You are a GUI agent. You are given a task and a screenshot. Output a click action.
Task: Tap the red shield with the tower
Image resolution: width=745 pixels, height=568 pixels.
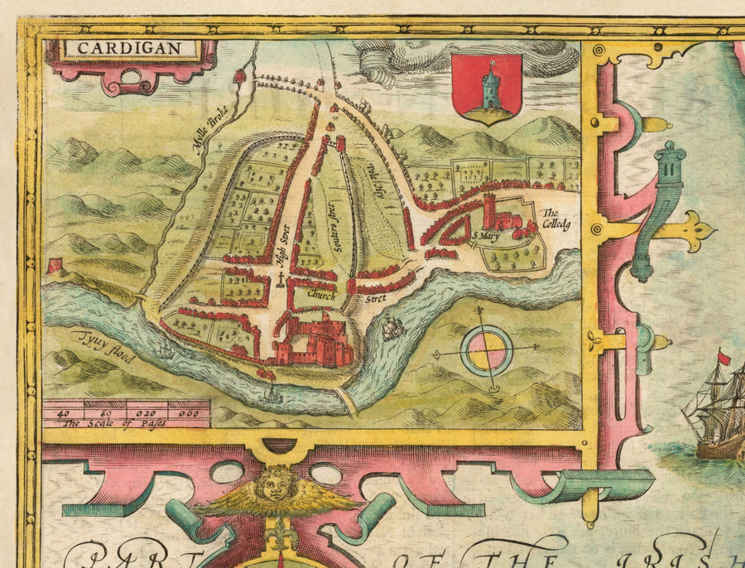487,88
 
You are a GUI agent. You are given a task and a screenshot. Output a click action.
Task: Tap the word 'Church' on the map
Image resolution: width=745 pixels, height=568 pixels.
320,294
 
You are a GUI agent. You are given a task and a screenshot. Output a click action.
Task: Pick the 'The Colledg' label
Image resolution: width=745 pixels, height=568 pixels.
556,218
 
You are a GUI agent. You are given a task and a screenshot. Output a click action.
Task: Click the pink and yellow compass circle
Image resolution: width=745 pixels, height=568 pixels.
487,350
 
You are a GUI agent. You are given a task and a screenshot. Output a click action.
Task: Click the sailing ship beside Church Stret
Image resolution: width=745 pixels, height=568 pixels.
392,330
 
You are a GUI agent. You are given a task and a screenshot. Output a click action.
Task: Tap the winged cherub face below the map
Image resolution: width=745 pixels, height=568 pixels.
278,483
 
